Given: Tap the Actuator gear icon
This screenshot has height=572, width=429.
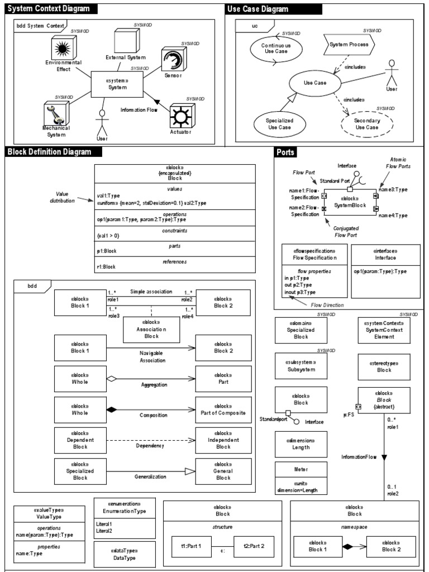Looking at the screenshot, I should click(x=180, y=116).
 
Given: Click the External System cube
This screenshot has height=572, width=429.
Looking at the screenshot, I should click(x=125, y=40).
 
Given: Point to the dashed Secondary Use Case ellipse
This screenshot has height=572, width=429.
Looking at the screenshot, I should click(x=367, y=123).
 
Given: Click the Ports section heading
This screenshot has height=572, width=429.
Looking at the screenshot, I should click(x=285, y=152).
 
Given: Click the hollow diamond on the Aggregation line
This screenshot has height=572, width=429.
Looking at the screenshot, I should click(x=111, y=379).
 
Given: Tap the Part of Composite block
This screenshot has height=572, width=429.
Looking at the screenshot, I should click(x=223, y=409).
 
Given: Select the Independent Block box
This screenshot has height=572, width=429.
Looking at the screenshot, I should click(x=223, y=440).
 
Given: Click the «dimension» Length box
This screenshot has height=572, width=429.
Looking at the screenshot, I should click(x=301, y=444).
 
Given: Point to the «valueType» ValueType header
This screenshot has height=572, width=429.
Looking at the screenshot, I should click(x=49, y=513).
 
